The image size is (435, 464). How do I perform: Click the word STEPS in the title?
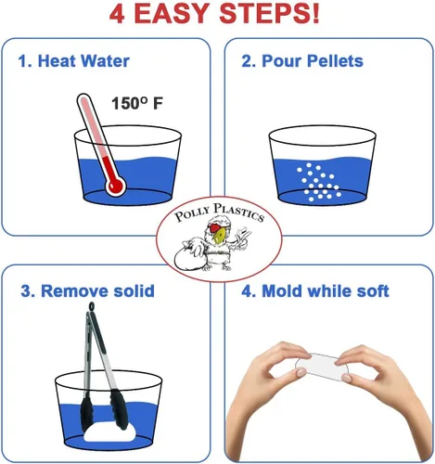(x=269, y=14)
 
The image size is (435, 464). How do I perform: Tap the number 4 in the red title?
(x=118, y=14)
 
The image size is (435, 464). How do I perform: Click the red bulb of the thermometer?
(x=115, y=186)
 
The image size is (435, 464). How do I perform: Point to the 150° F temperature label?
(x=137, y=103)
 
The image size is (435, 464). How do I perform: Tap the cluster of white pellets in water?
(x=318, y=182)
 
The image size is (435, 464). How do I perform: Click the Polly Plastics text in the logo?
(x=219, y=213)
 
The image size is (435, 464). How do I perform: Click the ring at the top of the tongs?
(x=91, y=307)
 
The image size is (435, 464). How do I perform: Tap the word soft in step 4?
(x=373, y=291)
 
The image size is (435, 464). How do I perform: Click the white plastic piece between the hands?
(x=322, y=367)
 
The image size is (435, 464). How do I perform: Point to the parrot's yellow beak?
(x=219, y=238)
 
